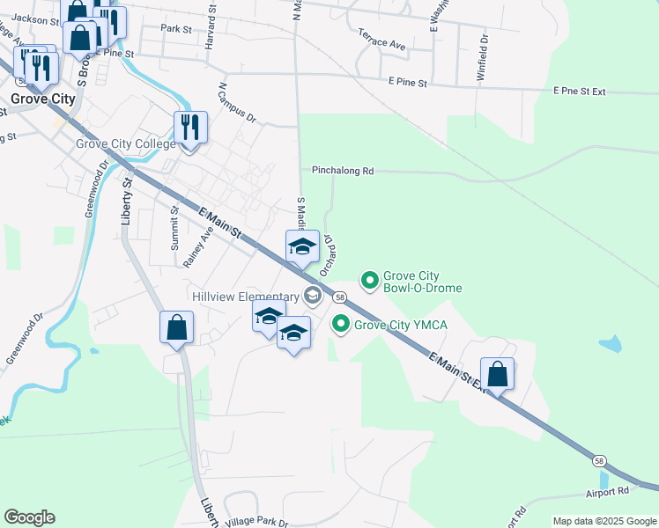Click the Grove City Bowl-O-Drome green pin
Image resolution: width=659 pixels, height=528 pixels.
370,281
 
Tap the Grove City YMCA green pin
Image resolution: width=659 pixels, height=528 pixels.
340,325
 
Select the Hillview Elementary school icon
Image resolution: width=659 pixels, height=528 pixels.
311,296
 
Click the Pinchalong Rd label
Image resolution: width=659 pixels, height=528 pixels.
343,171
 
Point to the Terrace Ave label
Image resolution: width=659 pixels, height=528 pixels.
381,40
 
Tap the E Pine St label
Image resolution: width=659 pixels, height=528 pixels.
408,83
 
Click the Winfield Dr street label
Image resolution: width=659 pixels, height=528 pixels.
482,58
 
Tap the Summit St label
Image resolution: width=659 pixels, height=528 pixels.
174,228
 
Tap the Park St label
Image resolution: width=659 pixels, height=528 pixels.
176,29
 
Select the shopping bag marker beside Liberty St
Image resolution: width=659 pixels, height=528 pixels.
176,327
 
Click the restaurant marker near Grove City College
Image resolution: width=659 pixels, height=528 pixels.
190,128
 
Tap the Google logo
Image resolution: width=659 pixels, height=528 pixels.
29,517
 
